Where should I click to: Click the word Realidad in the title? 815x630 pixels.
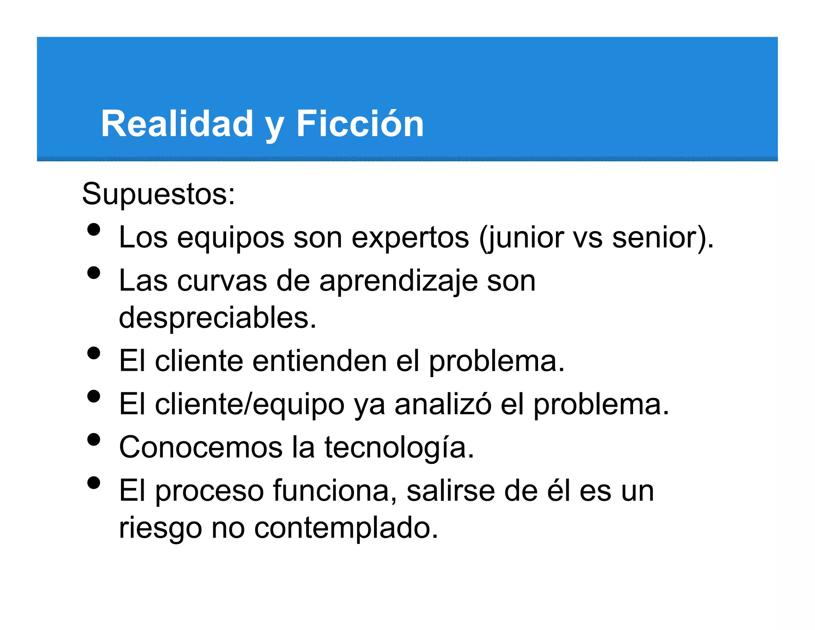[177, 124]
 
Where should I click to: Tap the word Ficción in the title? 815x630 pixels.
[360, 124]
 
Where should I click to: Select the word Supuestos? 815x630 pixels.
[158, 194]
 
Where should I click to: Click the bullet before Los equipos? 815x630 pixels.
[94, 230]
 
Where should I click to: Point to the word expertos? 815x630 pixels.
[410, 238]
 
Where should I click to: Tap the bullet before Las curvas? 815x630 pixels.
[94, 273]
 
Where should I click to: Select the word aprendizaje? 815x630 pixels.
[398, 281]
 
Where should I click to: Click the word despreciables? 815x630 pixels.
[217, 318]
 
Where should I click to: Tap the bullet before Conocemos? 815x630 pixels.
[94, 440]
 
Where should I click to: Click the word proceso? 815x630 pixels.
[209, 491]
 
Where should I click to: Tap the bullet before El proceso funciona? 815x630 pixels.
[94, 483]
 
